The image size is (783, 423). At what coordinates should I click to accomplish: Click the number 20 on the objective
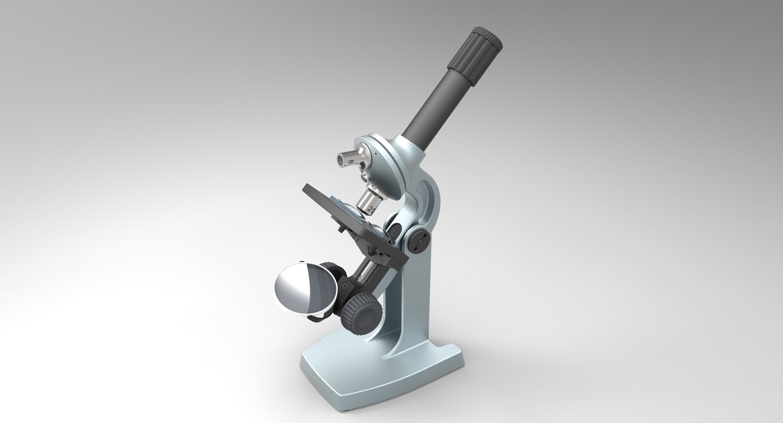(371, 209)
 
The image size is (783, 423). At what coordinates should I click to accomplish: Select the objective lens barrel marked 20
(366, 201)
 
